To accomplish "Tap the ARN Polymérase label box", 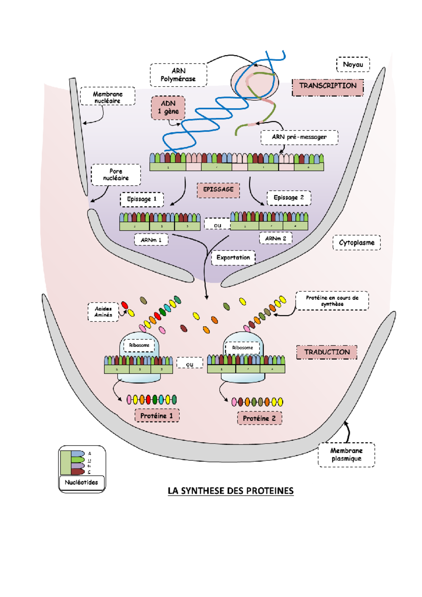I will point(178,75).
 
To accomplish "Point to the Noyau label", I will point(353,65).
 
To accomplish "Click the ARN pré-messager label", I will point(299,137).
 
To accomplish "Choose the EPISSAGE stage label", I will point(218,190).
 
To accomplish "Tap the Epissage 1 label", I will point(142,199).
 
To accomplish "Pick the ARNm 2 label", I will point(276,239).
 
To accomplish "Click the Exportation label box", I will point(233,258).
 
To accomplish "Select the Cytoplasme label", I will point(357,243).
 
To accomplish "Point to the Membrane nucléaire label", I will point(108,97).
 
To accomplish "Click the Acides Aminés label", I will point(103,312).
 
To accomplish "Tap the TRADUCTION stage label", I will point(327,352).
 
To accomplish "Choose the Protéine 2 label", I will point(260,419).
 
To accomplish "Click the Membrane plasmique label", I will point(346,455).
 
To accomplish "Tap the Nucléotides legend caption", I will point(82,483).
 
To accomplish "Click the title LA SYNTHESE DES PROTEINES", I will point(230,491).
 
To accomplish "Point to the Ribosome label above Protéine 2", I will point(242,348).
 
